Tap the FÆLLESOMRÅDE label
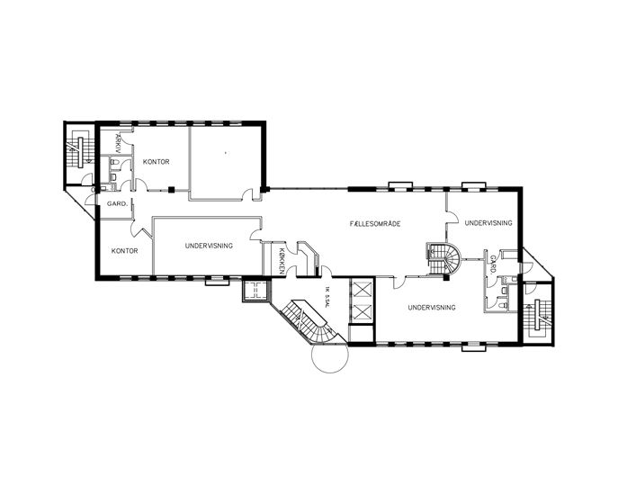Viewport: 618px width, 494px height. point(375,223)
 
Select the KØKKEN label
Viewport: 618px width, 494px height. point(282,261)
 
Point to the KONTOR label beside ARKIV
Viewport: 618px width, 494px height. point(157,162)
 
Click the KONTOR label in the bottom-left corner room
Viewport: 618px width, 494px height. point(124,251)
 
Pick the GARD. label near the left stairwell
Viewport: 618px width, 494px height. point(118,204)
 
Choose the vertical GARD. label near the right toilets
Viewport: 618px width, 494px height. point(493,265)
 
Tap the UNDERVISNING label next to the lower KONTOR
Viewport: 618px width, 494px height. point(209,246)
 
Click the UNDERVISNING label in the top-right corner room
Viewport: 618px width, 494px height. point(488,223)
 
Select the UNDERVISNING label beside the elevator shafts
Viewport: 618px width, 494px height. point(432,307)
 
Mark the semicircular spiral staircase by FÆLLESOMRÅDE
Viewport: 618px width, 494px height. point(443,258)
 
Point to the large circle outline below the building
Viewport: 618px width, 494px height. point(330,354)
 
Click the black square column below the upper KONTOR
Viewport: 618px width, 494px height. point(171,190)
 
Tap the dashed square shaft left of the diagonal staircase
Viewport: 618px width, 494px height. point(255,291)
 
